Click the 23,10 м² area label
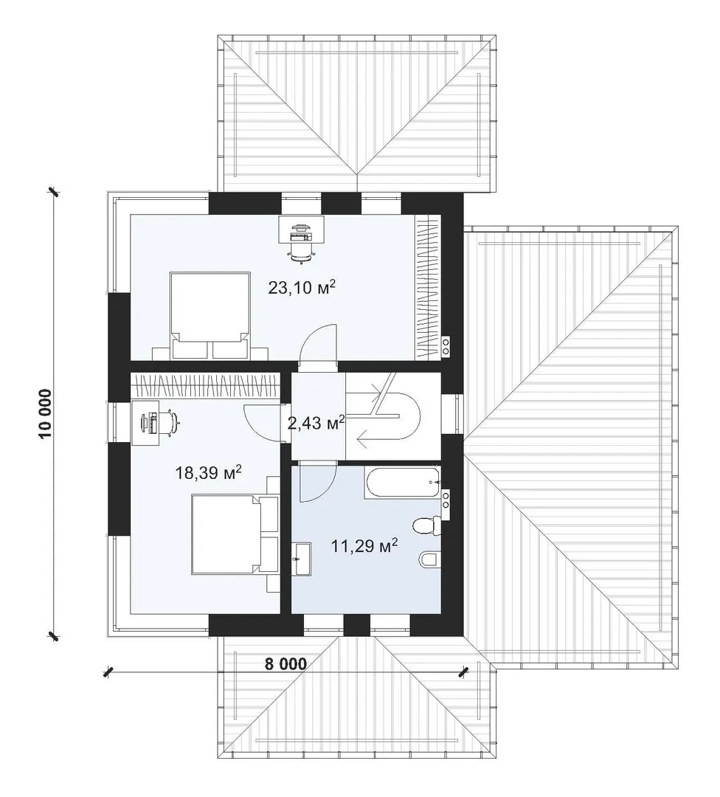tap(302, 288)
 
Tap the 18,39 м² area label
tap(208, 473)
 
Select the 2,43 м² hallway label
tap(316, 422)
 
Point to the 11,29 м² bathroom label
tap(364, 546)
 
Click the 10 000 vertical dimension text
tap(45, 414)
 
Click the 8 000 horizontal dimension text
tap(285, 664)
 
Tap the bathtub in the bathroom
tap(402, 483)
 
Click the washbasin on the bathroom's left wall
tap(301, 559)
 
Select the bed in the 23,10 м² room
tap(210, 315)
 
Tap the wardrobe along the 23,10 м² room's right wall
tap(427, 288)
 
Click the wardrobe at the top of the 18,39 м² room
tap(205, 386)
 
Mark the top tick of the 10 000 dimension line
tap(53, 192)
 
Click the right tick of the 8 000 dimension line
tap(463, 672)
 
